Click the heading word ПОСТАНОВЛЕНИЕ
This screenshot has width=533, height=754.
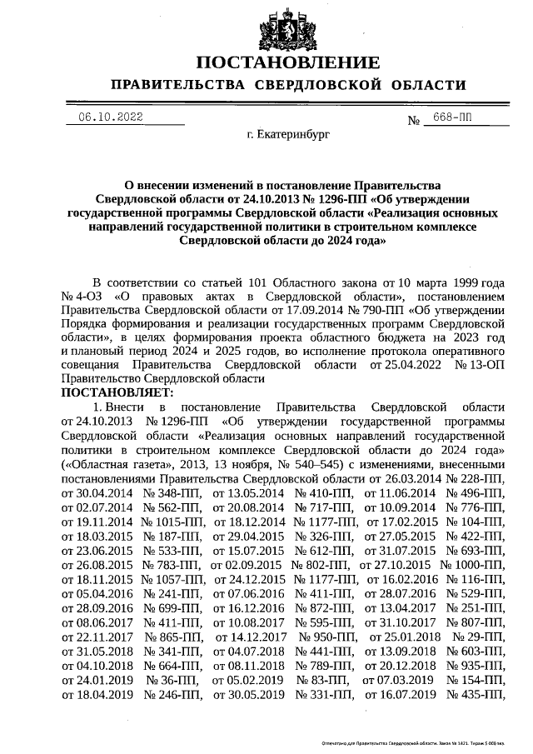(288, 63)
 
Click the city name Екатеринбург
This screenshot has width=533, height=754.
(288, 133)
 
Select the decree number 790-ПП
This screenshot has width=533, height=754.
(343, 311)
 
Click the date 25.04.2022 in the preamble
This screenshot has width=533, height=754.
(396, 364)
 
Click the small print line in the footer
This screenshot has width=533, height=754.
(414, 741)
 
